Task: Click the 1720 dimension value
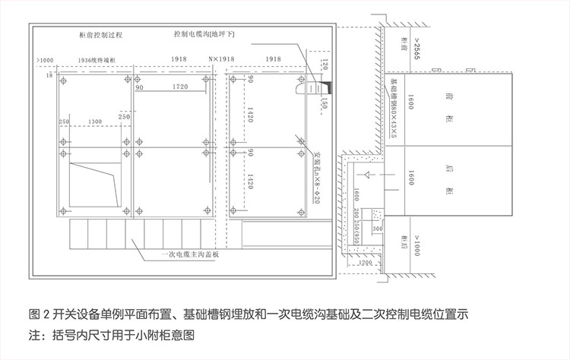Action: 180,87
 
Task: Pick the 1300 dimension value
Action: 96,122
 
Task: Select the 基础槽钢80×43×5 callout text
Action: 394,106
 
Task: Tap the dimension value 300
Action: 377,227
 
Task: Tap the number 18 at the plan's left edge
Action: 49,76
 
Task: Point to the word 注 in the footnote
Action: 34,334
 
